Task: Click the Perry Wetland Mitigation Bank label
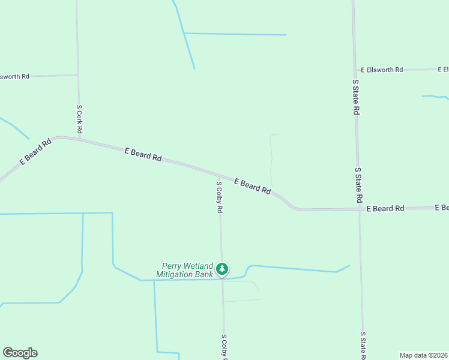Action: (x=188, y=270)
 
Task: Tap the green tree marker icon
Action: (x=223, y=269)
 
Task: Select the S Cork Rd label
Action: (x=79, y=119)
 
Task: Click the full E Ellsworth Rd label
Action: (x=382, y=70)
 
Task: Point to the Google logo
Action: (x=20, y=353)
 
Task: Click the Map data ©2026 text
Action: (x=424, y=355)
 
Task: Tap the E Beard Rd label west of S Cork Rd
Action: (x=35, y=152)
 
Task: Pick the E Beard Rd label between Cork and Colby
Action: (x=143, y=154)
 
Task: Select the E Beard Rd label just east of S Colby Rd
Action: (x=252, y=186)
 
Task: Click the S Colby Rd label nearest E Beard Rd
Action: (x=220, y=198)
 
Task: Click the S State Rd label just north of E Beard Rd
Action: (x=358, y=185)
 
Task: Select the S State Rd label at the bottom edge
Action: (x=363, y=346)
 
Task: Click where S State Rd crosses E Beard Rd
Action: (x=359, y=209)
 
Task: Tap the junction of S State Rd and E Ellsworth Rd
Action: (x=355, y=70)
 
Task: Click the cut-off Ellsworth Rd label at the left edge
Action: (x=14, y=77)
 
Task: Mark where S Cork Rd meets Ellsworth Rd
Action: (x=77, y=75)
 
